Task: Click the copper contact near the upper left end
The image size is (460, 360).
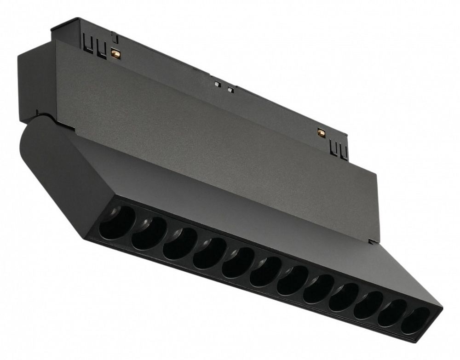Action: [116, 53]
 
